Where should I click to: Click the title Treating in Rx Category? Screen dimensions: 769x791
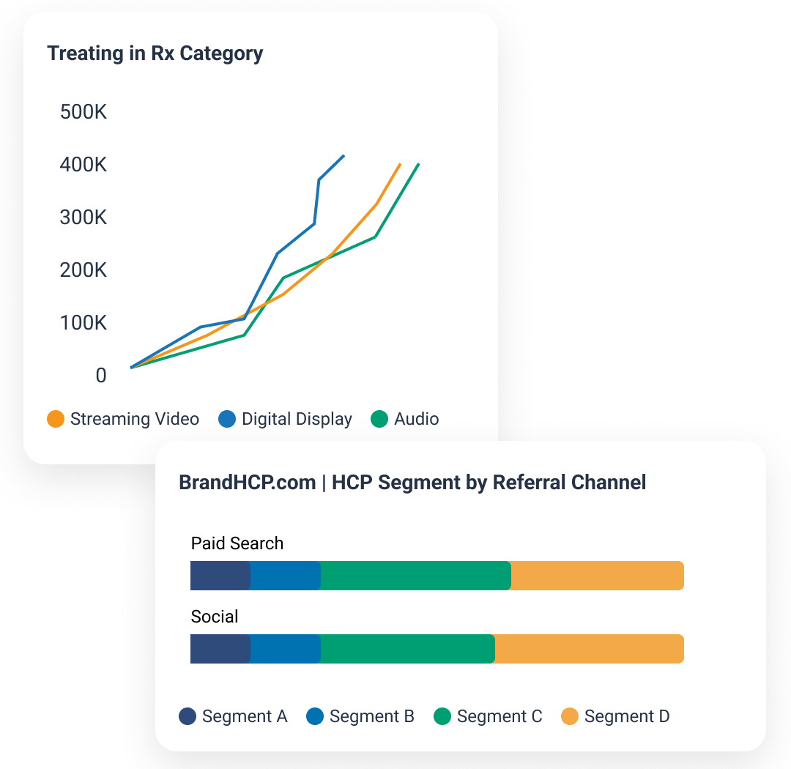pos(155,53)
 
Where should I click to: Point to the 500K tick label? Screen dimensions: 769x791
pos(83,112)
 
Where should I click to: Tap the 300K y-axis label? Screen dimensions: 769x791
pos(83,218)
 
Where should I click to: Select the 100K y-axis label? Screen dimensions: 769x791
pos(83,323)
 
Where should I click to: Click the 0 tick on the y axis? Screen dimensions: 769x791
pos(100,376)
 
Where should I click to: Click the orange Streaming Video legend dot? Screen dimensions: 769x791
pos(56,419)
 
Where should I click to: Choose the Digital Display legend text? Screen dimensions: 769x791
pos(297,419)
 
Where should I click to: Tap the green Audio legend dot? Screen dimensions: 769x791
pos(379,419)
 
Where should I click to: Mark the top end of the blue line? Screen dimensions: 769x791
pos(343,156)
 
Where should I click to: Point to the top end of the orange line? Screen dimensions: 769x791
pos(400,164)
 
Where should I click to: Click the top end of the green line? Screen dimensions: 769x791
pos(418,164)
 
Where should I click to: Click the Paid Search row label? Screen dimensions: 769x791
pos(237,543)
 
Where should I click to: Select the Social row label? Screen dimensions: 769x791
pos(215,617)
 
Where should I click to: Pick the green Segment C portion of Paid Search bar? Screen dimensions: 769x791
pos(415,576)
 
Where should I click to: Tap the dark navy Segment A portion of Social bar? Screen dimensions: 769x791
pos(220,649)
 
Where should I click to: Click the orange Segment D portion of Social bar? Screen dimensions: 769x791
pos(589,649)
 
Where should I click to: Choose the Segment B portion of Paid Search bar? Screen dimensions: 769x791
pos(286,576)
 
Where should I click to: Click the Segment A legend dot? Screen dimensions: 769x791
pos(188,716)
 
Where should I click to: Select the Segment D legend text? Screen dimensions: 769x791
pos(627,716)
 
